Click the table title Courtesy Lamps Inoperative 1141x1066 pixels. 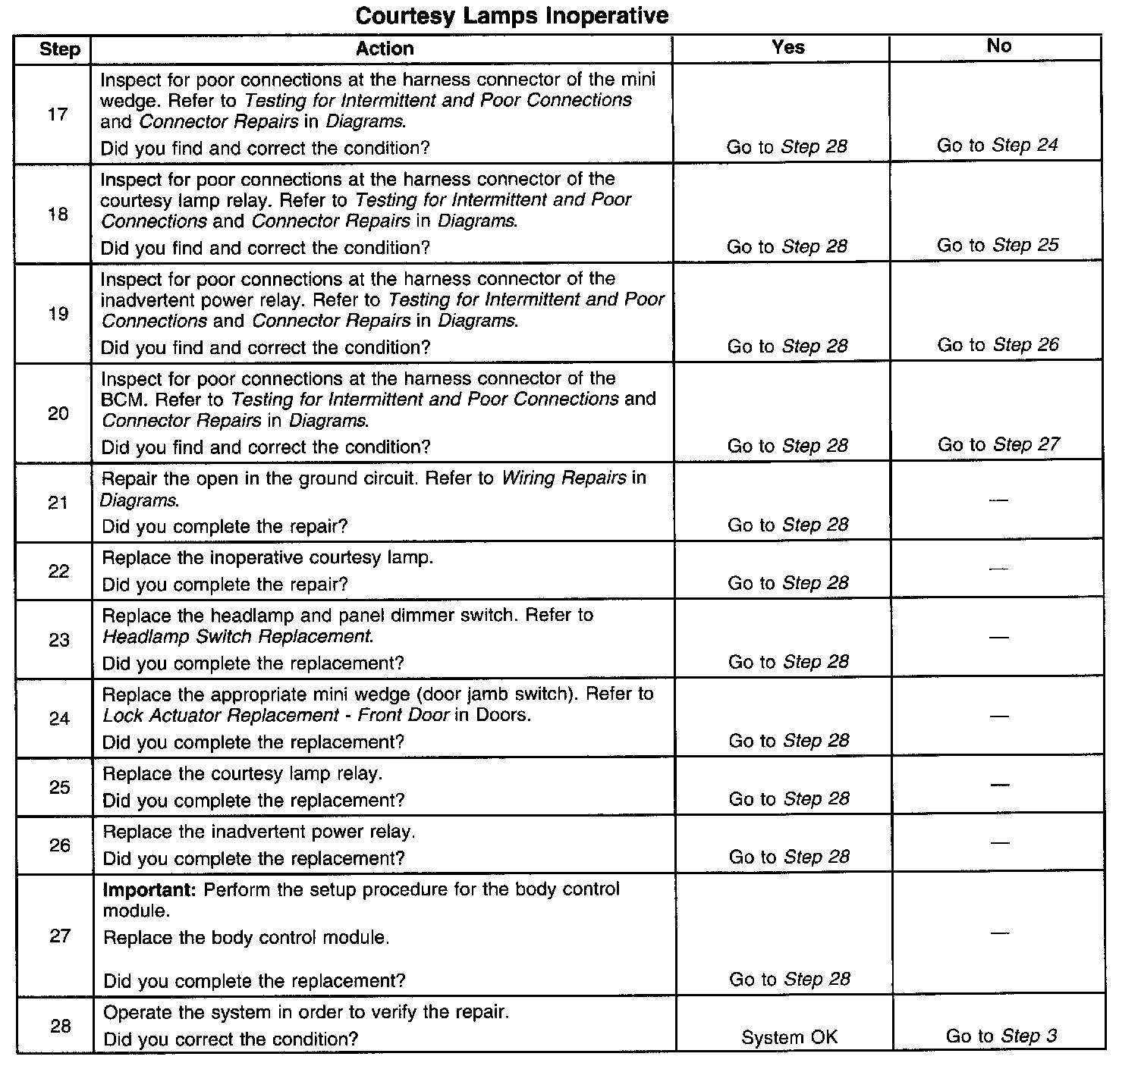click(512, 16)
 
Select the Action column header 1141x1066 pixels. click(385, 49)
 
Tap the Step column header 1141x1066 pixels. click(59, 49)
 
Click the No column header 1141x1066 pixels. click(998, 46)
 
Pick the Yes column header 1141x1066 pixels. click(787, 47)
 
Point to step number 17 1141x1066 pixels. click(58, 114)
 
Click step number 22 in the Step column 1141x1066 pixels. click(59, 571)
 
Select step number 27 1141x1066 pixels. click(60, 936)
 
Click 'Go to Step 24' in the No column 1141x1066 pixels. click(997, 146)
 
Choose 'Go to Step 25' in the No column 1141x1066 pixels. click(998, 245)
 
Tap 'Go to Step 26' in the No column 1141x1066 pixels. click(998, 345)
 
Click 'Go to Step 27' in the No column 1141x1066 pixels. click(998, 444)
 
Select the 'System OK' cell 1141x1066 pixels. click(789, 1037)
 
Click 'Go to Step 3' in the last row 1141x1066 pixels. click(1001, 1036)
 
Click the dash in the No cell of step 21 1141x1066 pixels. click(999, 500)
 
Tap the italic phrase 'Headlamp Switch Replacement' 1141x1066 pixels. click(237, 637)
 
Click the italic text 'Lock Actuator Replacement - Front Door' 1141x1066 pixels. click(276, 716)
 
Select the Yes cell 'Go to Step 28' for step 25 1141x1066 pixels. click(789, 799)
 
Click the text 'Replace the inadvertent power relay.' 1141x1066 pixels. click(259, 832)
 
